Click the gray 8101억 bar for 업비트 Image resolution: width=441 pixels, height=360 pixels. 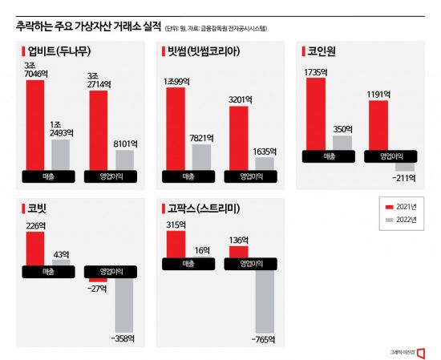tap(124, 159)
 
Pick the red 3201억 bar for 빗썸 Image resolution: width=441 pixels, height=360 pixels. tap(239, 137)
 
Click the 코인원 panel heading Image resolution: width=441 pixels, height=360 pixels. tap(323, 51)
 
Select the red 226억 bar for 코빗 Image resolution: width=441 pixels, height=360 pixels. tap(34, 248)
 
